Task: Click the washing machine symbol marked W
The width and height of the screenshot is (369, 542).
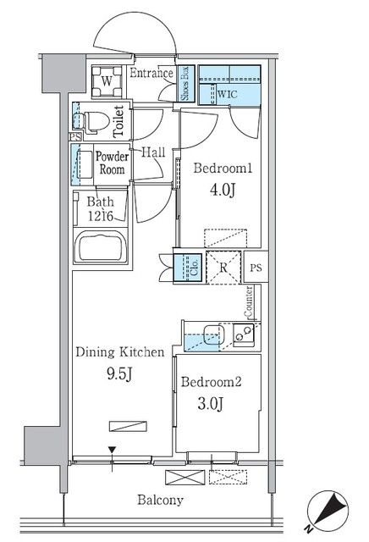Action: (x=107, y=81)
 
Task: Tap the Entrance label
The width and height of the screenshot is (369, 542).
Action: (x=152, y=75)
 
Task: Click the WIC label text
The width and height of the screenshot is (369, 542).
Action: (x=228, y=96)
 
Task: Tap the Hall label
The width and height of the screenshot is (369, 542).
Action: (x=152, y=152)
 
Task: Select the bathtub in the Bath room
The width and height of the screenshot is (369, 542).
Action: (x=101, y=248)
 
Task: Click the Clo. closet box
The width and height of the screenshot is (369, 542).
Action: (x=188, y=268)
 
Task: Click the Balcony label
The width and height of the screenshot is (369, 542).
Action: (x=160, y=500)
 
